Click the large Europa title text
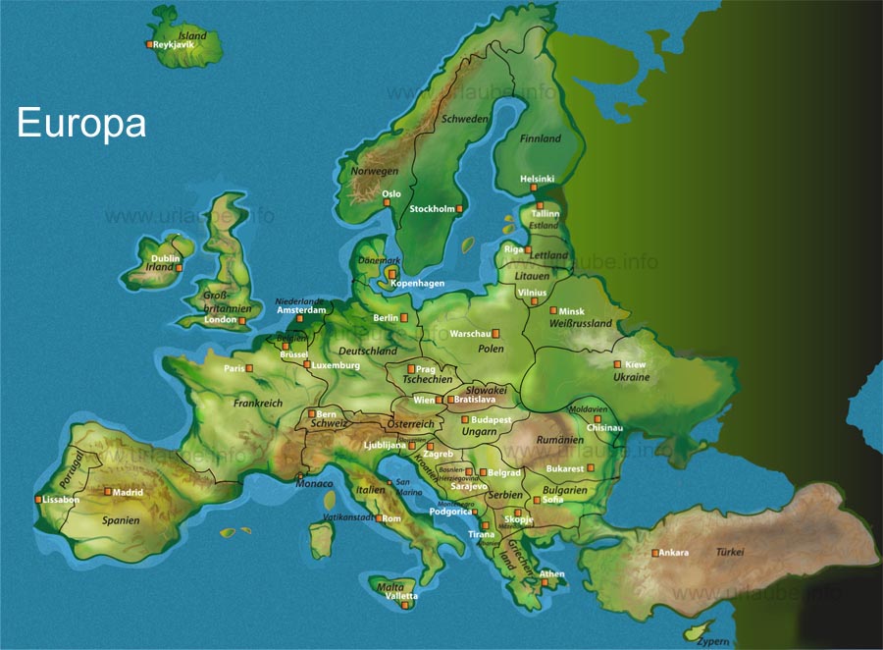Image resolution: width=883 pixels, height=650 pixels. click(81, 124)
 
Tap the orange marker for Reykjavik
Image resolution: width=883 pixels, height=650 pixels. click(149, 45)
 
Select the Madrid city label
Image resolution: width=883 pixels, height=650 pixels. click(128, 492)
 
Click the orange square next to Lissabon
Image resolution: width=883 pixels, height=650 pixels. click(38, 500)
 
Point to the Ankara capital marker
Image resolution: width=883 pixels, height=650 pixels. click(654, 553)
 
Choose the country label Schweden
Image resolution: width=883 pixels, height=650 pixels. click(465, 119)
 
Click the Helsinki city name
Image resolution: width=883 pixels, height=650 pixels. click(537, 179)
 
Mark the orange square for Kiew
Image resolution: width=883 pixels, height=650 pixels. click(617, 364)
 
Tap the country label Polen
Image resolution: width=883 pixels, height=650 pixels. click(491, 349)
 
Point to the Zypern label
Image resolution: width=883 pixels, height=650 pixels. click(714, 640)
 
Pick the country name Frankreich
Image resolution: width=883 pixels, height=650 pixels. click(258, 403)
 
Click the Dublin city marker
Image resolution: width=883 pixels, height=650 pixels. click(179, 267)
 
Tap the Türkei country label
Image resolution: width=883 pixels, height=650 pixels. click(730, 553)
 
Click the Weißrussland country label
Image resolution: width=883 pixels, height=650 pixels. click(581, 323)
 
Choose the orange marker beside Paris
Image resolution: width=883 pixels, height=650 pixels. click(249, 368)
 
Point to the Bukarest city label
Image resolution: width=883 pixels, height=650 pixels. click(565, 469)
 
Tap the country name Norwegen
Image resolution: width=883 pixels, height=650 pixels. click(375, 171)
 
